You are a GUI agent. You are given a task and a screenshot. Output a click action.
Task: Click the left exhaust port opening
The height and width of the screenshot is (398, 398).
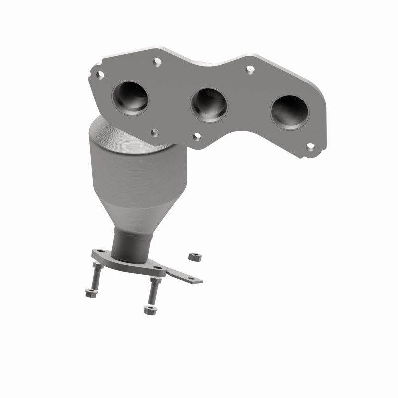click(130, 98)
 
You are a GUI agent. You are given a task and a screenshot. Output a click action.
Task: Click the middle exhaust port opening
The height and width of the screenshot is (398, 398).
click(209, 104)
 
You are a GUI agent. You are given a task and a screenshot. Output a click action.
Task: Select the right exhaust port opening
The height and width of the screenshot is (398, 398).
click(290, 112)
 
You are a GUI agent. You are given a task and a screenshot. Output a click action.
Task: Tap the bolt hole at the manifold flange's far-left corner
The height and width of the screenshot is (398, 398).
click(100, 75)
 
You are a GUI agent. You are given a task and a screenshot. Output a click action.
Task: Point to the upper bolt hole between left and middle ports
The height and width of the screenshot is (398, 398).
click(157, 62)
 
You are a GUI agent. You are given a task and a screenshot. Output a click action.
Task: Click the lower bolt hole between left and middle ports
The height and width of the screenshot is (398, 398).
click(155, 133)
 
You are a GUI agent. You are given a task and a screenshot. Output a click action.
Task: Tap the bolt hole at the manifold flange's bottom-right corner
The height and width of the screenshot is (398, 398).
click(310, 147)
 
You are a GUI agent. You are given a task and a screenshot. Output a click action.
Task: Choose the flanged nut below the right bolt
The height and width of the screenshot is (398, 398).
click(148, 310)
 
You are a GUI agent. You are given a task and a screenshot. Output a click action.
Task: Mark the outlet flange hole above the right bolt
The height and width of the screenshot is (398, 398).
click(158, 268)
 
